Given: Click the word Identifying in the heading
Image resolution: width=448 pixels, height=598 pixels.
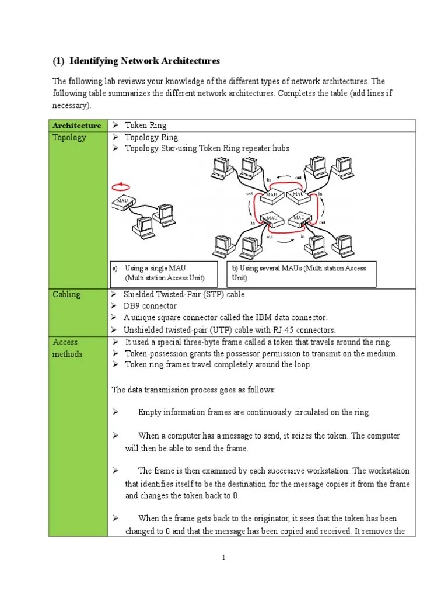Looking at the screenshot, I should [x=96, y=61].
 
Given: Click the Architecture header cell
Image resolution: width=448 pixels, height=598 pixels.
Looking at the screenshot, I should [x=76, y=126].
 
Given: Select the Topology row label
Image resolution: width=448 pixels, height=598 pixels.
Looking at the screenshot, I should [x=69, y=138].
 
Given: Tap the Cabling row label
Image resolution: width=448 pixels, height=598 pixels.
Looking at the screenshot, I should [x=66, y=294].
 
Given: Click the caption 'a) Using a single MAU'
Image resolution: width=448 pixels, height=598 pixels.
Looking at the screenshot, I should [x=155, y=268].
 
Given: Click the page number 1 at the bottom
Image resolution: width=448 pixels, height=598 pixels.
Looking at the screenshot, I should [x=223, y=558].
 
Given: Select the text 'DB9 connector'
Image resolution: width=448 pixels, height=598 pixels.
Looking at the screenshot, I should [x=150, y=306].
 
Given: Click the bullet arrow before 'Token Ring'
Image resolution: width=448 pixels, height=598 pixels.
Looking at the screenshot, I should [x=116, y=125].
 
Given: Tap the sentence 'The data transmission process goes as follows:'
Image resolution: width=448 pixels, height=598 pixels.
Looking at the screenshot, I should [x=194, y=390].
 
